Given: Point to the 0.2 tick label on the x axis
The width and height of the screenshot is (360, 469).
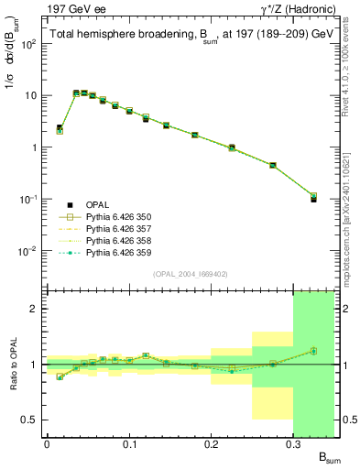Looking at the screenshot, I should [x=212, y=444].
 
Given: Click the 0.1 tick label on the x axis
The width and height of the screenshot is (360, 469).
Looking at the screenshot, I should [x=129, y=444].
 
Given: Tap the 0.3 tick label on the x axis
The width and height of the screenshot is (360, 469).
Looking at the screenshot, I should [x=294, y=444].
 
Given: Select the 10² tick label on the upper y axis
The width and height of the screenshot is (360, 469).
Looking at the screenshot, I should [x=29, y=44].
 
